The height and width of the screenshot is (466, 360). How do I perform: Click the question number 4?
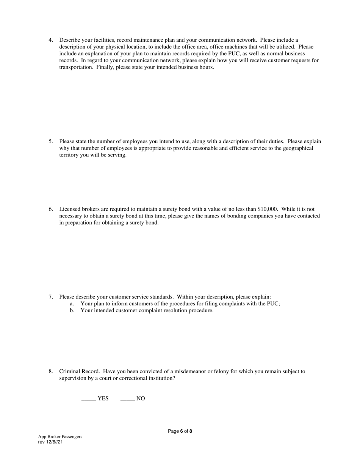click(x=50, y=40)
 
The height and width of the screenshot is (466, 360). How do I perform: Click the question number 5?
click(x=50, y=142)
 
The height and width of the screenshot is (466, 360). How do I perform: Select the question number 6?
click(x=50, y=209)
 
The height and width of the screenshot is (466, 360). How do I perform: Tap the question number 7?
click(x=50, y=297)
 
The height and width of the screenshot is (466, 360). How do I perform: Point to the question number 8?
click(x=50, y=372)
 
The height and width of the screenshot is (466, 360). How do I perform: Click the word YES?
click(x=103, y=399)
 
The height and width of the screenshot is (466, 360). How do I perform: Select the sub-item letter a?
click(x=72, y=304)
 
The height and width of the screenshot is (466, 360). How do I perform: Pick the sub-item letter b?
click(x=72, y=311)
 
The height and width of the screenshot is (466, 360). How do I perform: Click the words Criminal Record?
click(x=79, y=372)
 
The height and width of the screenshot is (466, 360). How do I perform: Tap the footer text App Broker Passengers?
click(x=60, y=436)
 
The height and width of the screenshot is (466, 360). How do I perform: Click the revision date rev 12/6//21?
click(x=50, y=442)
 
